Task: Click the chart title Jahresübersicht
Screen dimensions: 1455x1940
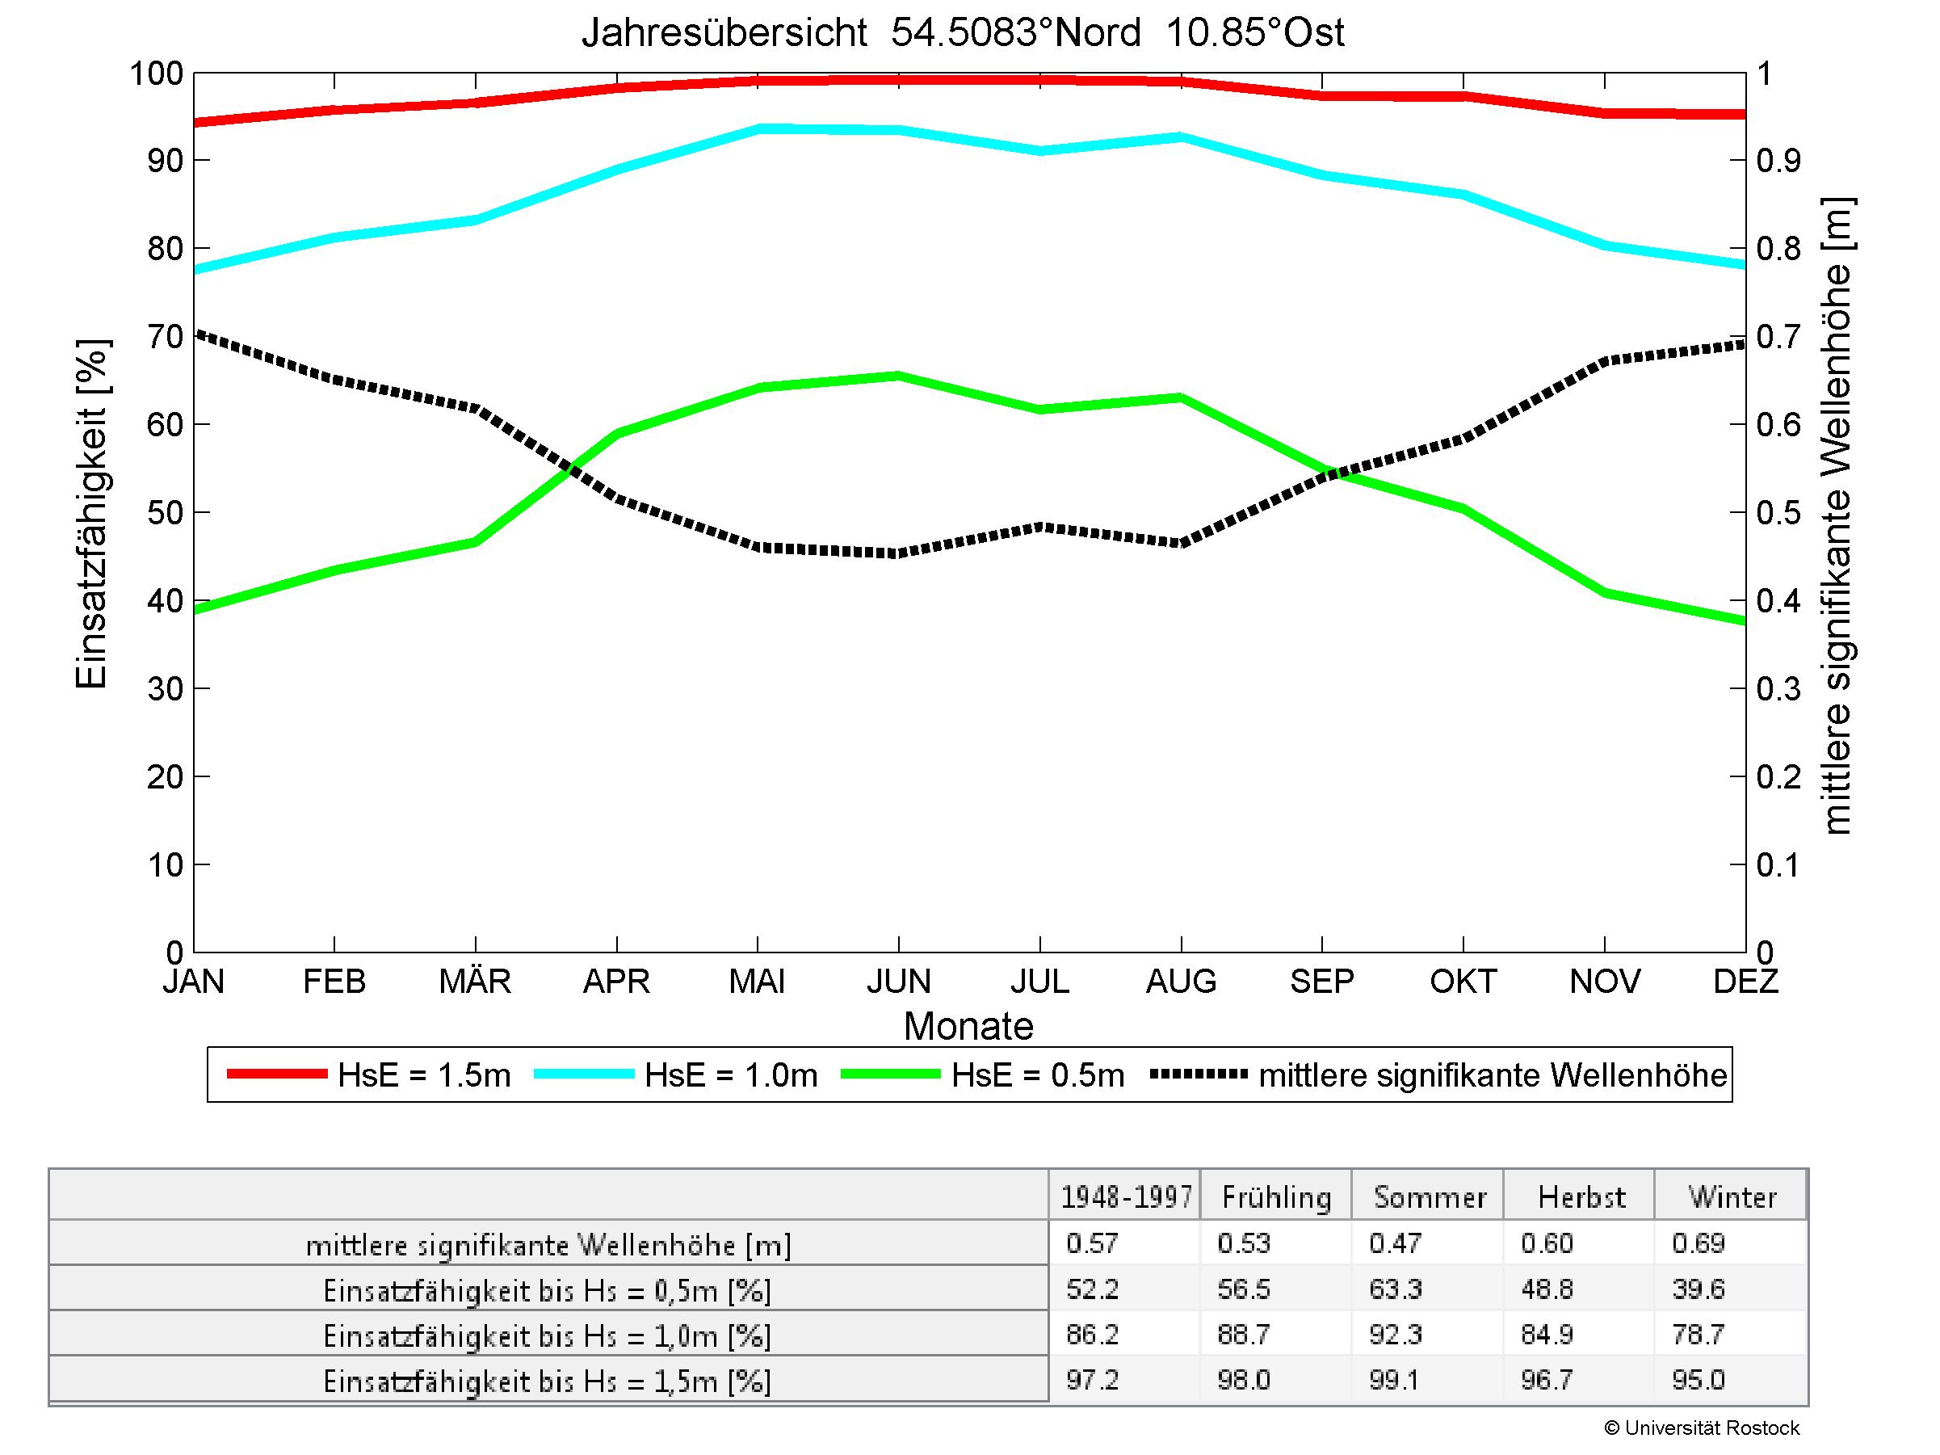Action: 962,33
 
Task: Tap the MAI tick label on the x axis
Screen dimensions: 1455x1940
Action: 757,982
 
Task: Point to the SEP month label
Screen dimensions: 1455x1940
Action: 1321,982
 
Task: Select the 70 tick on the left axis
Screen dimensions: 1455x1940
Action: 165,337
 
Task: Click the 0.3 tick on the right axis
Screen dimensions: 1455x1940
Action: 1778,689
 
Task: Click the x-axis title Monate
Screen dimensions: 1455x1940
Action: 968,1026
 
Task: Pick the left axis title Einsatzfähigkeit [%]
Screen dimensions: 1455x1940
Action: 91,514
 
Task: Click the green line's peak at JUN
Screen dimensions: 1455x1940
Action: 899,376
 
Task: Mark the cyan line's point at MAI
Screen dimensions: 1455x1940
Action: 758,128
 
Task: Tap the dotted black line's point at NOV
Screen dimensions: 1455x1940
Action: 1605,360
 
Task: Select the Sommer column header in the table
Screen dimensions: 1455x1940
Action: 1430,1197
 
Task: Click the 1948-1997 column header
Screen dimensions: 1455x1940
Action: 1126,1197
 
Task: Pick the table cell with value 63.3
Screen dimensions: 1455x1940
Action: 1395,1289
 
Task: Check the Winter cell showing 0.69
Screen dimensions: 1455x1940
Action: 1698,1243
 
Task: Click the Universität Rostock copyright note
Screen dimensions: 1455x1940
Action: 1702,1428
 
